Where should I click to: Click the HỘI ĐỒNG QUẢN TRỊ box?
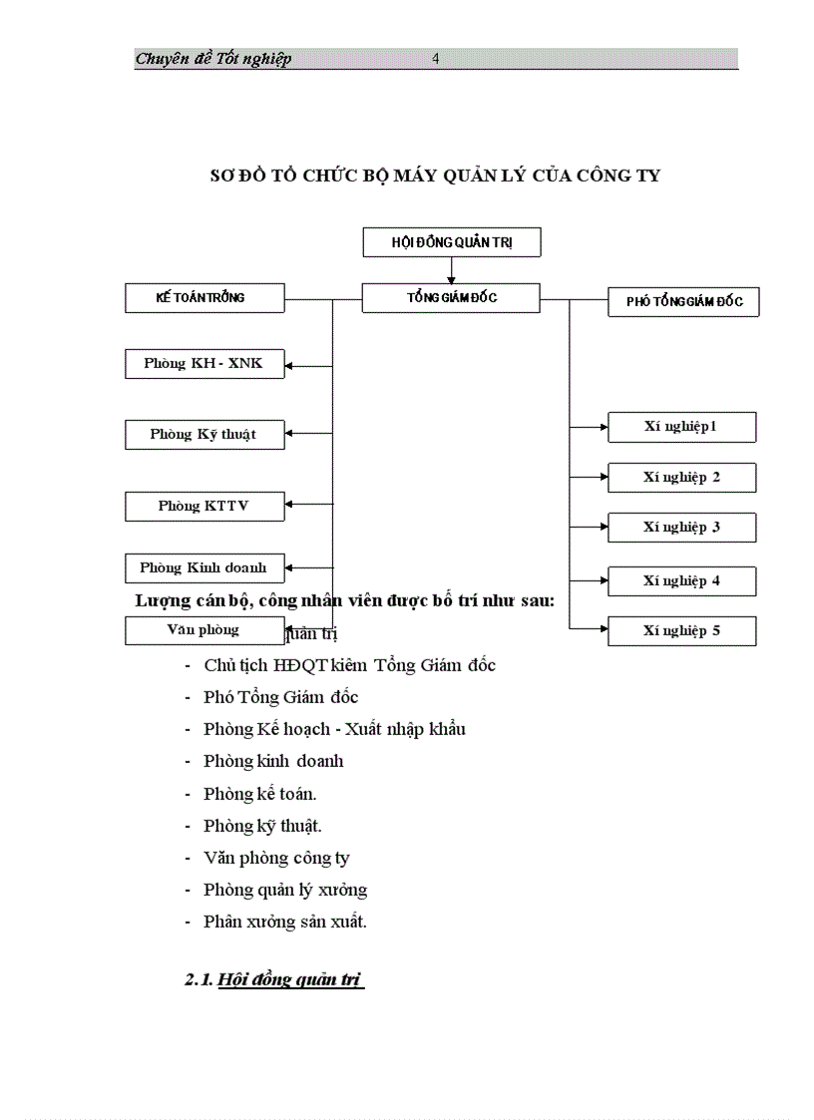pyautogui.click(x=451, y=242)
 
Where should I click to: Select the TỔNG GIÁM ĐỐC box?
pyautogui.click(x=451, y=298)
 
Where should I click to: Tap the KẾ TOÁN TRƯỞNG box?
pyautogui.click(x=204, y=298)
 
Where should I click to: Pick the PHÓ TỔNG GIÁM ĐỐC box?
pyautogui.click(x=683, y=302)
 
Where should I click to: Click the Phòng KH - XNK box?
pyautogui.click(x=204, y=364)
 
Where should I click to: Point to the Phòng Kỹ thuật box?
pyautogui.click(x=204, y=435)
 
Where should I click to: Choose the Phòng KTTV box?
pyautogui.click(x=204, y=507)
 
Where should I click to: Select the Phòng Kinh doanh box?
pyautogui.click(x=204, y=568)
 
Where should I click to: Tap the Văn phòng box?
pyautogui.click(x=204, y=630)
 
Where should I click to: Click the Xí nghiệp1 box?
pyautogui.click(x=681, y=427)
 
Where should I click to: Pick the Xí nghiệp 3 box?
pyautogui.click(x=681, y=528)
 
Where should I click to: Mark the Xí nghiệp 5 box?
pyautogui.click(x=681, y=631)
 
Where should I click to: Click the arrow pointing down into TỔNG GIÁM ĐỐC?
pyautogui.click(x=451, y=276)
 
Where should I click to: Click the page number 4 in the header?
pyautogui.click(x=436, y=59)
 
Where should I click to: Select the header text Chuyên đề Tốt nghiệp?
pyautogui.click(x=213, y=59)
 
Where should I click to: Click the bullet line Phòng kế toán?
pyautogui.click(x=260, y=795)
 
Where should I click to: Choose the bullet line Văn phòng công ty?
pyautogui.click(x=276, y=858)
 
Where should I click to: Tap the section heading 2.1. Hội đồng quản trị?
pyautogui.click(x=274, y=980)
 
